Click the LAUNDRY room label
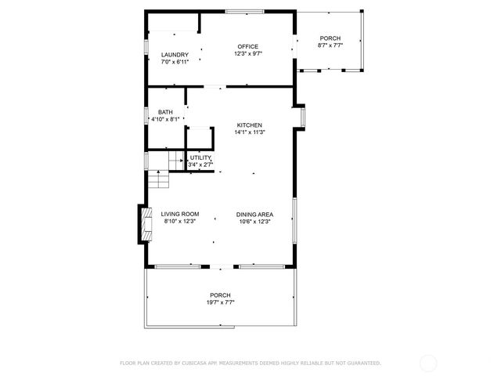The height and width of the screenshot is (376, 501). click(175, 54)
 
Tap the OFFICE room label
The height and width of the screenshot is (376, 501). click(247, 46)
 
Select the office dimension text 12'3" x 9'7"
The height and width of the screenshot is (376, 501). click(247, 54)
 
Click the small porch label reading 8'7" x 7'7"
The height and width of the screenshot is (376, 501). click(330, 45)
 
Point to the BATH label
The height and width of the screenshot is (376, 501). click(165, 112)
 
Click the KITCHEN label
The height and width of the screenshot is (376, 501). click(250, 125)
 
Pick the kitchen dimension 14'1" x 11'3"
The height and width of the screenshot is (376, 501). click(250, 132)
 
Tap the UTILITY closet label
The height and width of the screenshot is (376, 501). click(200, 157)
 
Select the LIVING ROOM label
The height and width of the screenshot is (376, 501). click(180, 214)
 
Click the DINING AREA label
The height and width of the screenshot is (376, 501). click(254, 214)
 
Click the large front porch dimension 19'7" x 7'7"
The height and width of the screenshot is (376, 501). click(221, 302)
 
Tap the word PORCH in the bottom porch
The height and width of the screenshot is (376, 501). click(221, 295)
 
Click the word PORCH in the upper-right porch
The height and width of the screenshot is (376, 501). click(330, 38)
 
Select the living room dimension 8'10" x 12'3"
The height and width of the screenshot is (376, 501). click(180, 222)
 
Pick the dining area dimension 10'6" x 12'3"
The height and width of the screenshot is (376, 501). click(254, 222)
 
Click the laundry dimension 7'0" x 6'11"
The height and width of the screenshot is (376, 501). click(175, 62)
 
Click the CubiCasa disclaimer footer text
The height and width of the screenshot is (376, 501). click(250, 363)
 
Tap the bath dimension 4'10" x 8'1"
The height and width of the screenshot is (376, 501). click(166, 119)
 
